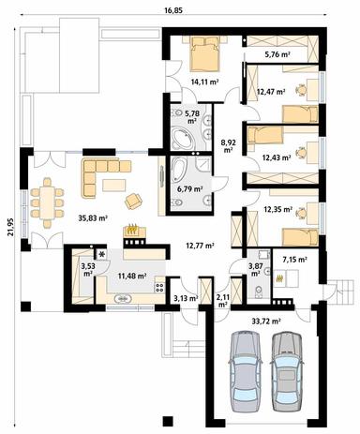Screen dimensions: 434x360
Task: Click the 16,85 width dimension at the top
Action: click(x=173, y=9)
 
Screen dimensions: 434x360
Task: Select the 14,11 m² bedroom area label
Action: click(x=204, y=82)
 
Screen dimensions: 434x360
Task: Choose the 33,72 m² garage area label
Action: click(x=267, y=320)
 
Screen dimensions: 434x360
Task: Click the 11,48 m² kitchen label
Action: click(x=133, y=276)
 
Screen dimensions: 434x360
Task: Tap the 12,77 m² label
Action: click(x=200, y=246)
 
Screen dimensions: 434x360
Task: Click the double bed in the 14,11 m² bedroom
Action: click(x=204, y=54)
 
